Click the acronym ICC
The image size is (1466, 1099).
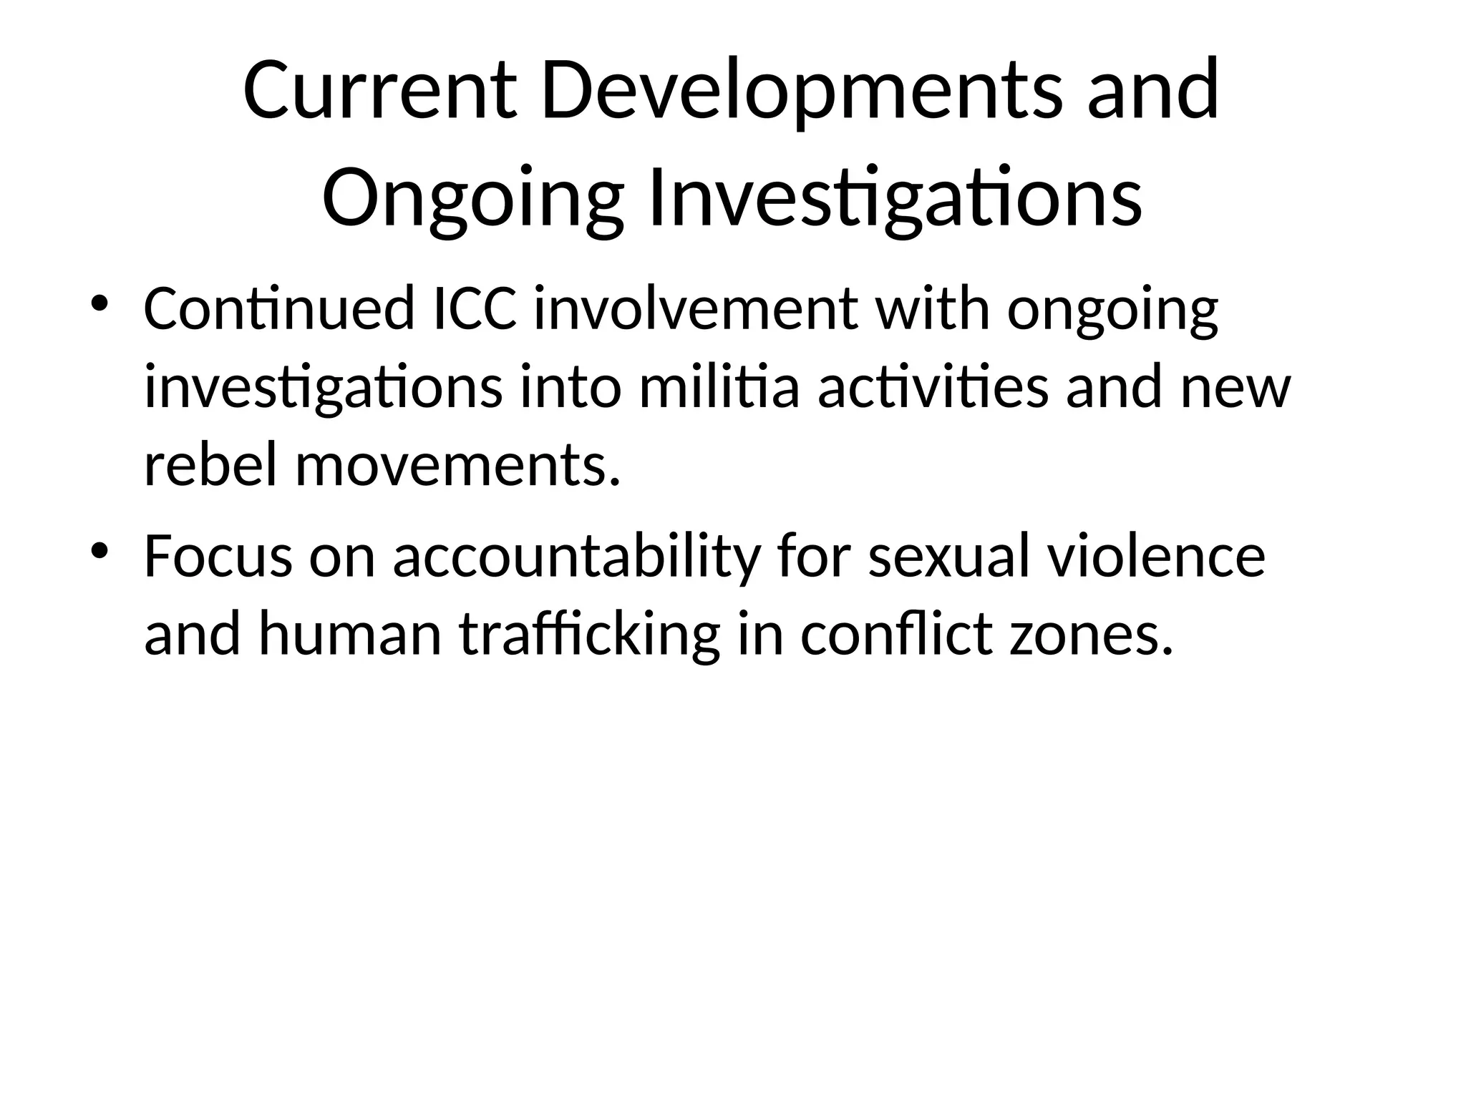[475, 310]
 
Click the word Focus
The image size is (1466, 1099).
[218, 557]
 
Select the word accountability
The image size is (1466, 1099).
[575, 557]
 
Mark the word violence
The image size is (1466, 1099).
[1157, 557]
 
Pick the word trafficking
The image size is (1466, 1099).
[590, 635]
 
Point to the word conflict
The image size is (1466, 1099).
[897, 635]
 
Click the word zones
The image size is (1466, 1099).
[1090, 635]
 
